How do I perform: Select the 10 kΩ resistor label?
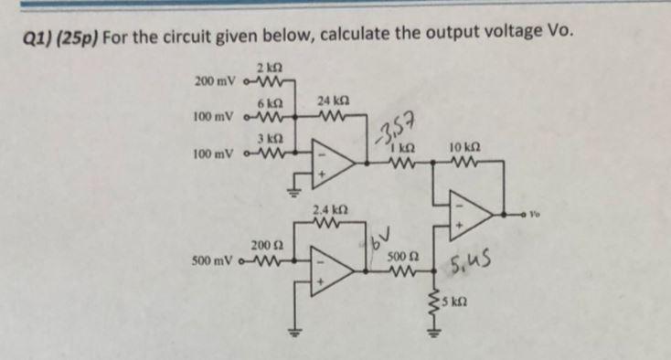point(464,147)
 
